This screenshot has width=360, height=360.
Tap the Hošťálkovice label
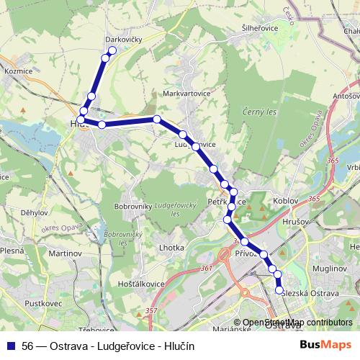tap(137, 284)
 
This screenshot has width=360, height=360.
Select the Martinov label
tap(64, 254)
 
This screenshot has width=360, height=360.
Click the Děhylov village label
tap(35, 212)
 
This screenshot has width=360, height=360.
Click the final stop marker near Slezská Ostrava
tap(280, 290)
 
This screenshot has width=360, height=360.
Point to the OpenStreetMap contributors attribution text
tap(297, 323)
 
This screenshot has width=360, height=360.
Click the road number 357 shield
tap(150, 310)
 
